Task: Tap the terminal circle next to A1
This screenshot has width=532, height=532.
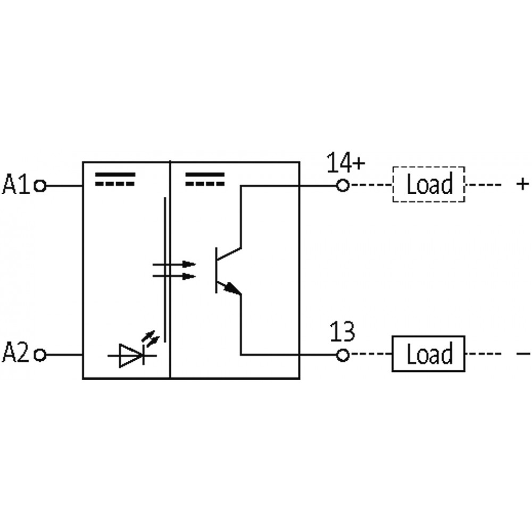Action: [40, 186]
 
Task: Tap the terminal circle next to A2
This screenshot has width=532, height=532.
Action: [40, 355]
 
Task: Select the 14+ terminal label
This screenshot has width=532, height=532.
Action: [346, 162]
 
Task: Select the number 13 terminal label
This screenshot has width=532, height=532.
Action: [342, 331]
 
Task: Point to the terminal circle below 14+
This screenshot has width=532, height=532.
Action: [343, 186]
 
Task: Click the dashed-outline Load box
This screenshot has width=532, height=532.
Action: [428, 184]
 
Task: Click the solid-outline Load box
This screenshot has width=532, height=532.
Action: [428, 354]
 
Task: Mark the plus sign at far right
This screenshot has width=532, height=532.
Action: [522, 184]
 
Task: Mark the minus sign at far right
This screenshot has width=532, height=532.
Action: [523, 354]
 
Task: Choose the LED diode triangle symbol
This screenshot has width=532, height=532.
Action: [131, 355]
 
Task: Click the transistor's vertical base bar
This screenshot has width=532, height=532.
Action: [216, 270]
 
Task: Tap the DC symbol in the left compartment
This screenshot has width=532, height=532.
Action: [115, 179]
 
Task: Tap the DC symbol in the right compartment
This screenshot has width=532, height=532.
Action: [205, 179]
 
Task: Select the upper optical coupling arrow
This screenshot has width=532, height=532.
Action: [174, 264]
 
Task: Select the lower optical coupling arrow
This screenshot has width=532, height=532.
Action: [174, 277]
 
